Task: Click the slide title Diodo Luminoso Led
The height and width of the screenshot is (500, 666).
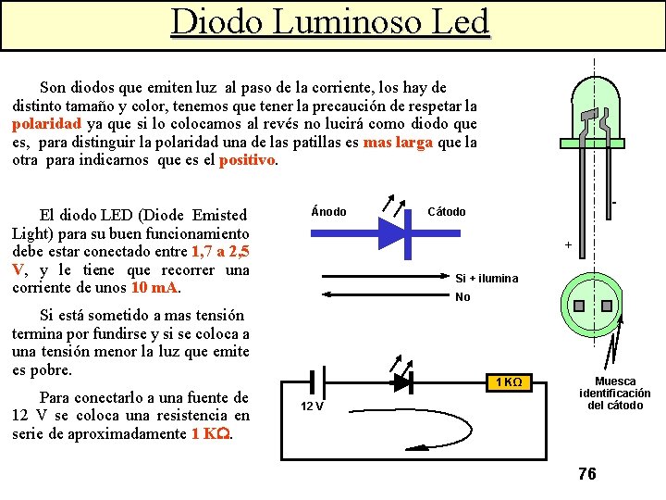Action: pyautogui.click(x=330, y=22)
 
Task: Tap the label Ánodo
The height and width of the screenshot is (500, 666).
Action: pyautogui.click(x=329, y=212)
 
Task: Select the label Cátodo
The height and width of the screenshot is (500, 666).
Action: pyautogui.click(x=447, y=212)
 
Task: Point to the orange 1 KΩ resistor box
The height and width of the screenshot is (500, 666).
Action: pyautogui.click(x=509, y=382)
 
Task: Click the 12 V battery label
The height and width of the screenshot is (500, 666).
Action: pyautogui.click(x=312, y=406)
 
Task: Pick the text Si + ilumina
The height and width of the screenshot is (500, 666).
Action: pyautogui.click(x=487, y=279)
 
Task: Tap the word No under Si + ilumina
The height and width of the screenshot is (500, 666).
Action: pyautogui.click(x=462, y=297)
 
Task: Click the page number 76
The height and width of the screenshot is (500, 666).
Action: pyautogui.click(x=586, y=474)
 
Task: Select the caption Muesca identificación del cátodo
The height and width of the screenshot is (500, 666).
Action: pyautogui.click(x=615, y=394)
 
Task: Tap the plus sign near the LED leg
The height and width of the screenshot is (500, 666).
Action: pyautogui.click(x=568, y=245)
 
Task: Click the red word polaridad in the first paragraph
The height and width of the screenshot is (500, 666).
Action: pyautogui.click(x=47, y=124)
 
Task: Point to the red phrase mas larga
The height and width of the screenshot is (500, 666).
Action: pyautogui.click(x=399, y=143)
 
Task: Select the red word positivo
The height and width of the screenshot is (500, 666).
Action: pyautogui.click(x=247, y=160)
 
